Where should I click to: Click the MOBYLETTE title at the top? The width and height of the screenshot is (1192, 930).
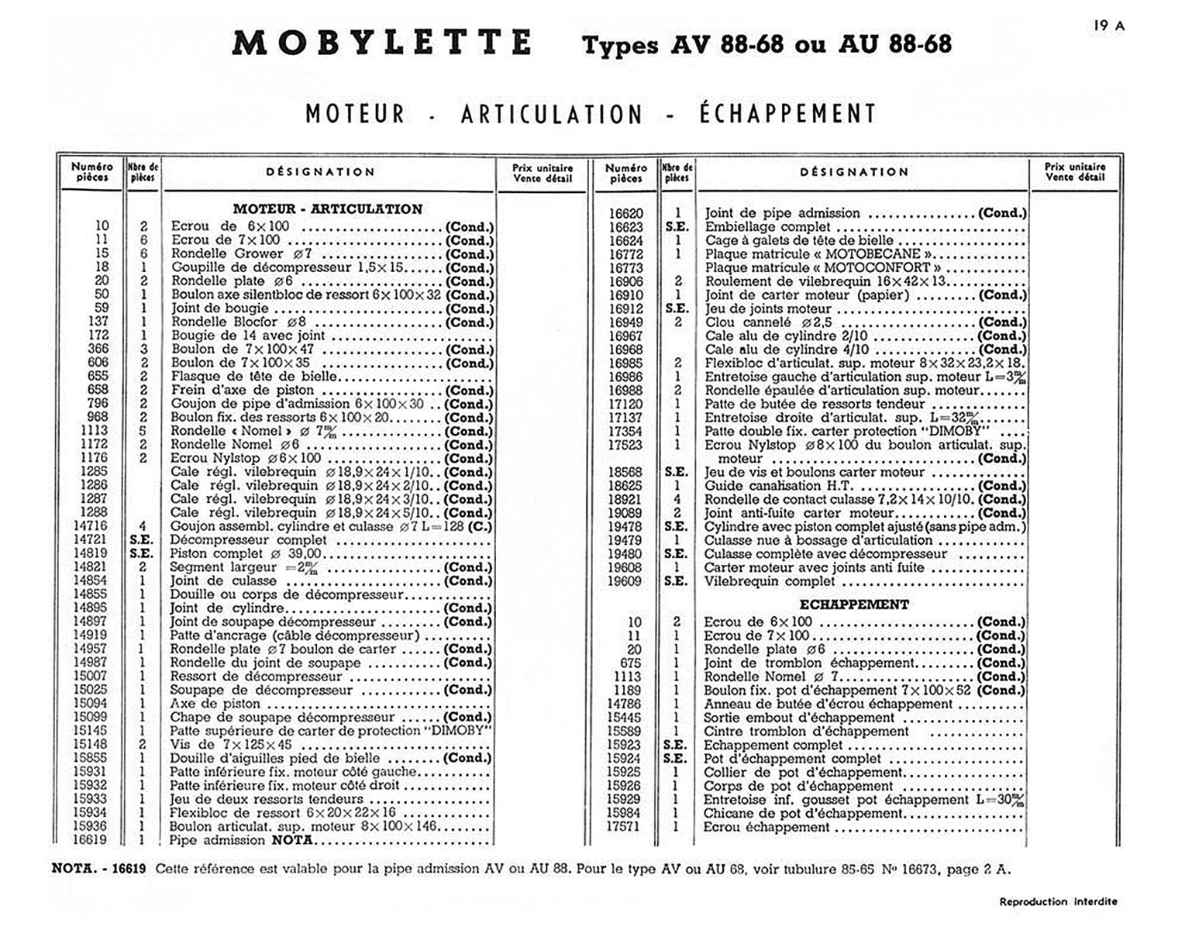[382, 43]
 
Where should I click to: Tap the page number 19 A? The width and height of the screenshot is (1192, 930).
[1109, 26]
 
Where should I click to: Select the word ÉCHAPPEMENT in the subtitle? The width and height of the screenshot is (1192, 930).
[787, 114]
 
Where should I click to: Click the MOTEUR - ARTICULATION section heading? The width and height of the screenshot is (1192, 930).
[328, 208]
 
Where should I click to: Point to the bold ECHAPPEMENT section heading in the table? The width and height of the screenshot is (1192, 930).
[854, 604]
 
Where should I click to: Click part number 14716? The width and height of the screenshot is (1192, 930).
[91, 526]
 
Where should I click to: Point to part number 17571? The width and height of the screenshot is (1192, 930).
[624, 827]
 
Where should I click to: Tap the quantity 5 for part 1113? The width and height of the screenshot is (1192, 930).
[143, 431]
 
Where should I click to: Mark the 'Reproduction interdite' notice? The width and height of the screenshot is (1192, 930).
[1058, 901]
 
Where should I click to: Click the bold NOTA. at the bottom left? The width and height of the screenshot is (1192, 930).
[74, 868]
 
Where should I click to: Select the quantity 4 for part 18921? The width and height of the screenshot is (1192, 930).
[677, 499]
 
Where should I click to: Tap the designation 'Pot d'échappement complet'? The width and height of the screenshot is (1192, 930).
[792, 758]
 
